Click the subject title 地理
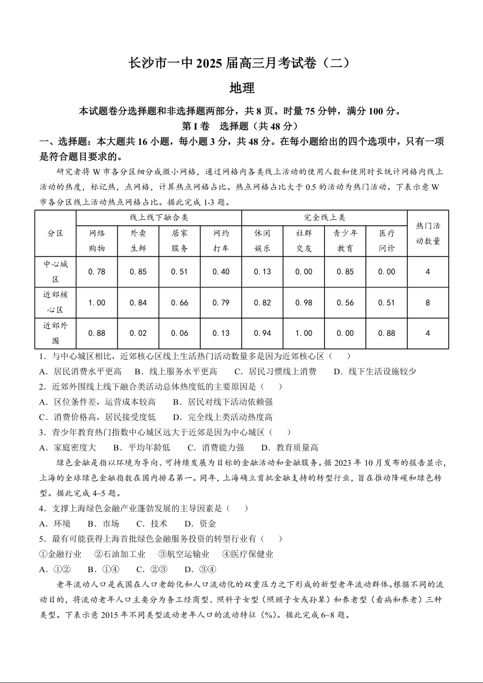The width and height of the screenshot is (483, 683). click(x=241, y=88)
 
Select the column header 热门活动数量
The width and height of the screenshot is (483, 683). click(x=428, y=233)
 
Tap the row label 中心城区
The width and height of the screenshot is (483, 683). click(x=55, y=271)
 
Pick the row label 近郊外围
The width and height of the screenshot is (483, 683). click(x=55, y=332)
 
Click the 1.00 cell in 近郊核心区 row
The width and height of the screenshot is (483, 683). click(x=97, y=303)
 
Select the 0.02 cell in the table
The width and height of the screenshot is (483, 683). click(x=138, y=333)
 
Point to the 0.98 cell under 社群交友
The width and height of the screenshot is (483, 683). click(x=303, y=303)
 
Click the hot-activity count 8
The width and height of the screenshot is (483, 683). click(x=428, y=303)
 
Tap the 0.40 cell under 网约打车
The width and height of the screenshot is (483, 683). click(x=221, y=271)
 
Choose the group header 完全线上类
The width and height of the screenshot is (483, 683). click(x=324, y=217)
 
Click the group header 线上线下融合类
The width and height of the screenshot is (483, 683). click(x=159, y=217)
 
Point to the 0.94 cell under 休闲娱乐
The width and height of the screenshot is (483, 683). click(x=263, y=333)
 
